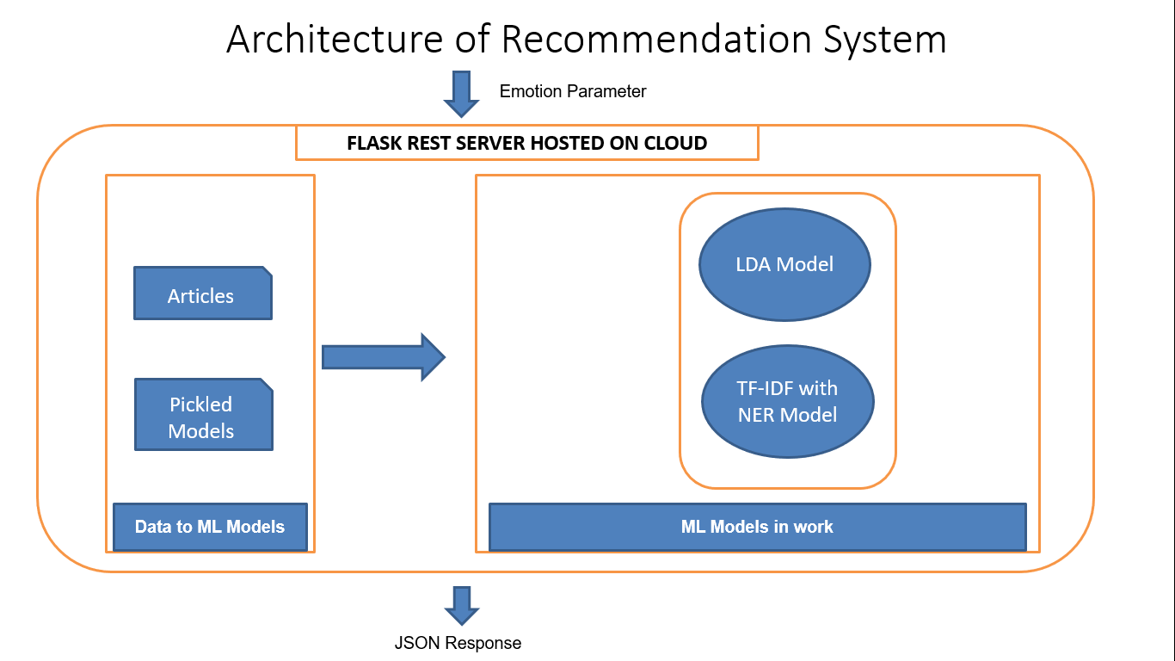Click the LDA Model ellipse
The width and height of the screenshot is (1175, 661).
pos(784,264)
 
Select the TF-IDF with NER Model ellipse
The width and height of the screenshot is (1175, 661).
pos(787,402)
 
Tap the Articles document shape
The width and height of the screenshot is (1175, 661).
pos(202,293)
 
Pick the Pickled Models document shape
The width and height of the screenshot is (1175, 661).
pos(203,415)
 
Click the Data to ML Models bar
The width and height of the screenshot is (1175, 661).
pos(210,527)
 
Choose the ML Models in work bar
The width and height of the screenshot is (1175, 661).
pos(757,527)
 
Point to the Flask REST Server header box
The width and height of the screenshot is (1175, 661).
pos(526,143)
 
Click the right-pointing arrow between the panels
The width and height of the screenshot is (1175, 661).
pos(383,356)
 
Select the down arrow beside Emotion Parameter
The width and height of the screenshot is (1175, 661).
pos(461,93)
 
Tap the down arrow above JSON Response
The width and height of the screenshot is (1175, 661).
pos(461,605)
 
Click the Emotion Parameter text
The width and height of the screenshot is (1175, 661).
pos(573,91)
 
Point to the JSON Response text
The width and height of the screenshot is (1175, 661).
pos(458,643)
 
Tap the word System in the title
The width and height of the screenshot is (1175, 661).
pos(886,40)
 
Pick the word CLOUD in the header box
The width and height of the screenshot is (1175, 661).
pos(675,144)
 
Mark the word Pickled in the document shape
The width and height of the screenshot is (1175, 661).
pos(201,404)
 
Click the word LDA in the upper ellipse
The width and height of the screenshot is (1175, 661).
pos(753,264)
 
